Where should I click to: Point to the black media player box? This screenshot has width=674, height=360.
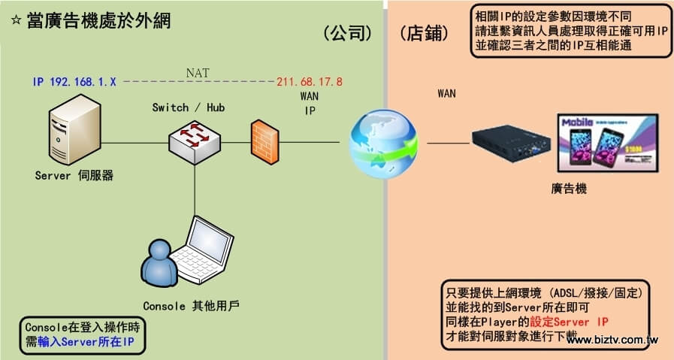click(x=509, y=146)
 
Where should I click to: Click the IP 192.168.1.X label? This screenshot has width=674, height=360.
click(x=74, y=81)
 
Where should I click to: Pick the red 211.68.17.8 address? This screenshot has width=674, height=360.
click(x=310, y=81)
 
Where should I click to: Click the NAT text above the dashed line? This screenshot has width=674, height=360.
click(x=198, y=73)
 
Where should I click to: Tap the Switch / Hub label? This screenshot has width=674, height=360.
click(x=188, y=108)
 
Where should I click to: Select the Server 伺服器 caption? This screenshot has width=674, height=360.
click(x=74, y=176)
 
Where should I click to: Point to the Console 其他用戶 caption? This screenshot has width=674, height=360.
click(x=191, y=306)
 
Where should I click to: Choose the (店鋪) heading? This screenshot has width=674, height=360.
click(x=424, y=33)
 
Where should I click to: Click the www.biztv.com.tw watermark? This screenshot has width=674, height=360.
click(x=612, y=340)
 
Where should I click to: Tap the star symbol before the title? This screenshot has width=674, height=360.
click(x=17, y=21)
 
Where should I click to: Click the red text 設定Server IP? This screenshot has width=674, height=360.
click(x=569, y=322)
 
